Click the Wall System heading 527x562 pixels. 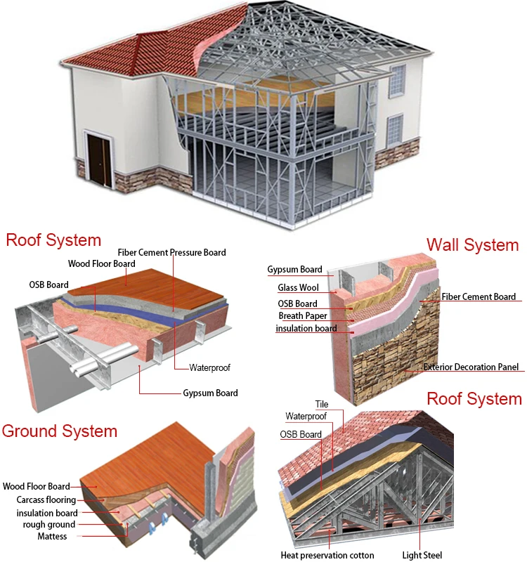472,245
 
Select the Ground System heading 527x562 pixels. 60,430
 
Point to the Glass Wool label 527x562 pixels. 299,287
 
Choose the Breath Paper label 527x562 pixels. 302,316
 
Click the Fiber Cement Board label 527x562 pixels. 479,297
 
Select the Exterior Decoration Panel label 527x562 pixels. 471,367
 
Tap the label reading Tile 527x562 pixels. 322,405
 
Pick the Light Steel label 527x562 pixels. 422,555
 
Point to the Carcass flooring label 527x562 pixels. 46,499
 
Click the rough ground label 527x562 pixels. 49,524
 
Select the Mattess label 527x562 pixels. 53,537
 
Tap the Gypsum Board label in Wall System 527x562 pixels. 295,269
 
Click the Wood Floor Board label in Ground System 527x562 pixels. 37,486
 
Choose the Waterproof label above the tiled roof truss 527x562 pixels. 306,417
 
